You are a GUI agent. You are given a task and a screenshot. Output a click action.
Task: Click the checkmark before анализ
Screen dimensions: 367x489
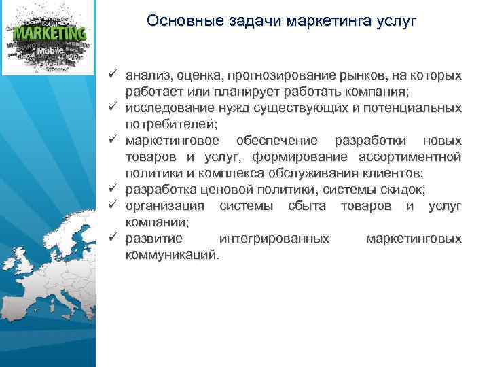pyautogui.click(x=112, y=75)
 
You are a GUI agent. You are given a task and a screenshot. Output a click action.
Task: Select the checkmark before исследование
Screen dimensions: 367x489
pyautogui.click(x=112, y=108)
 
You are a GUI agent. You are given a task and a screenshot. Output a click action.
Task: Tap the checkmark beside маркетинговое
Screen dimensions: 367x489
pyautogui.click(x=112, y=141)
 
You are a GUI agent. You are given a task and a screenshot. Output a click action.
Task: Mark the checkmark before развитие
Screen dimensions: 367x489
pyautogui.click(x=112, y=239)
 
